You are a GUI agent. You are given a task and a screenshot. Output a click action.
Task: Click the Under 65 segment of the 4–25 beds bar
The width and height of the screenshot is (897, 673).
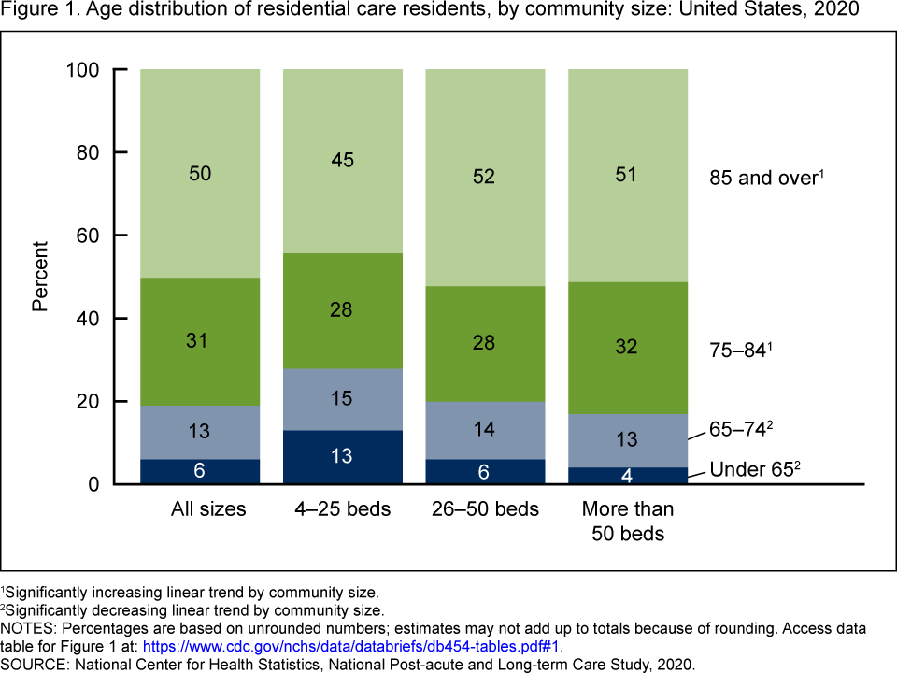click(342, 457)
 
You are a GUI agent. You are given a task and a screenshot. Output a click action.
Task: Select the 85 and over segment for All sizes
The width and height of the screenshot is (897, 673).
click(200, 174)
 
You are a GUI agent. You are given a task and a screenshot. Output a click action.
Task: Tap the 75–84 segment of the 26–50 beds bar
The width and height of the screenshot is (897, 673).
click(485, 344)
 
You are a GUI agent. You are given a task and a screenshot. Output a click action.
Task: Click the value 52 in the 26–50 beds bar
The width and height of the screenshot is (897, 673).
click(485, 174)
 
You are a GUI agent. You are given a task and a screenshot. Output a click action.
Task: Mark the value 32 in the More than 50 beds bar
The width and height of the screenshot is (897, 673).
click(628, 348)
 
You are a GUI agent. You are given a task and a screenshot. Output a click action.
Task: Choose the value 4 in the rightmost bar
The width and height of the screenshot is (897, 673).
click(628, 476)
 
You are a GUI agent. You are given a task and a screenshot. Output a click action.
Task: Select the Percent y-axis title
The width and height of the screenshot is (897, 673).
click(40, 276)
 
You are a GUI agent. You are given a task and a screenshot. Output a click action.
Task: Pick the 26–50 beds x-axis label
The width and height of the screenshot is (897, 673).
click(485, 509)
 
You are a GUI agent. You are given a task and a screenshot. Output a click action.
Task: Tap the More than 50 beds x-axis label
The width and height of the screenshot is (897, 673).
click(628, 522)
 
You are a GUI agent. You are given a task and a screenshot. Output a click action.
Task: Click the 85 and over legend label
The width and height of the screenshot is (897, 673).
click(764, 178)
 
